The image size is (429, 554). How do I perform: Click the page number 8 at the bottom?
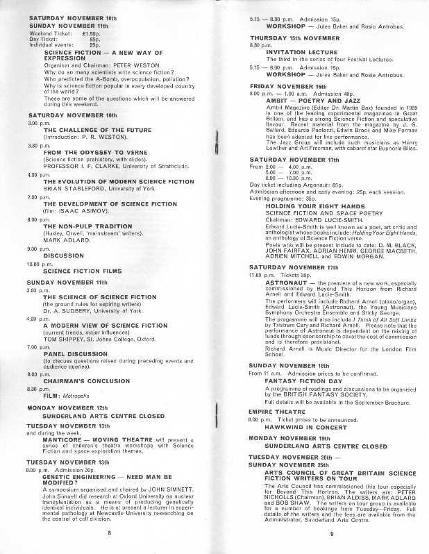109,532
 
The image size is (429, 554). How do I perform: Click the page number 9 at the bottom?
332,533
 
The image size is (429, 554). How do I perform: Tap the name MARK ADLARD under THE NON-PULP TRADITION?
64,259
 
